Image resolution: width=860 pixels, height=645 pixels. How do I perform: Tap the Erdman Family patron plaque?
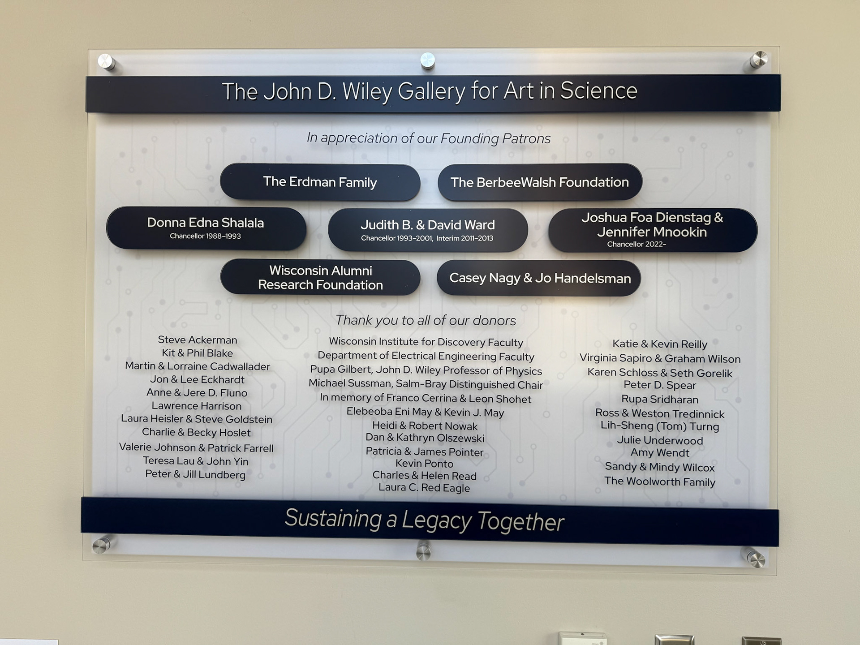[x=320, y=182]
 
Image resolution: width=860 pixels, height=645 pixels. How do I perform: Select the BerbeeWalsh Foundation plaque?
[x=539, y=182]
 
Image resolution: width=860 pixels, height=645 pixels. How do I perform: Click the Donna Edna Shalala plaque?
[x=206, y=228]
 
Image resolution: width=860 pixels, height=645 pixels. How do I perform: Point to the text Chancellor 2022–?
[x=636, y=244]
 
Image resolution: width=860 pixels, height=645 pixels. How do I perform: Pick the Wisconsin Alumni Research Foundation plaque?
[x=320, y=278]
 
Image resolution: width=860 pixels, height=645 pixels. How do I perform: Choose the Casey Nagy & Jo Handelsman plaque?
[x=539, y=278]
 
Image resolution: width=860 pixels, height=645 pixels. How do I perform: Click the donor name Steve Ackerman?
[x=197, y=340]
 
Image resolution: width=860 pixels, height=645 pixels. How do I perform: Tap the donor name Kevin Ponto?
[x=424, y=464]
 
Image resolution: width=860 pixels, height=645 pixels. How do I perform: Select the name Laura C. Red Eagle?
[x=424, y=488]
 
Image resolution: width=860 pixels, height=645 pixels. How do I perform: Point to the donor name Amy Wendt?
[x=659, y=453]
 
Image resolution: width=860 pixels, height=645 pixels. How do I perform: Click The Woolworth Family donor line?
[x=659, y=482]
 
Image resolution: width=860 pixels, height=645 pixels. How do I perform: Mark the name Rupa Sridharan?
[x=659, y=399]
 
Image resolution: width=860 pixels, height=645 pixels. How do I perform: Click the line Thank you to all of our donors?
[x=426, y=320]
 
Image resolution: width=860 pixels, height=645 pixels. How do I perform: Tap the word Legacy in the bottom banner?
[x=436, y=520]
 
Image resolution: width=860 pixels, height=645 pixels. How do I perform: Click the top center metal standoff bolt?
[x=427, y=60]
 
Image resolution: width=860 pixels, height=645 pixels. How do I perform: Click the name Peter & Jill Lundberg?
[x=195, y=474]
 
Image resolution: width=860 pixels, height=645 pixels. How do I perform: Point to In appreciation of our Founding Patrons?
[x=428, y=138]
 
